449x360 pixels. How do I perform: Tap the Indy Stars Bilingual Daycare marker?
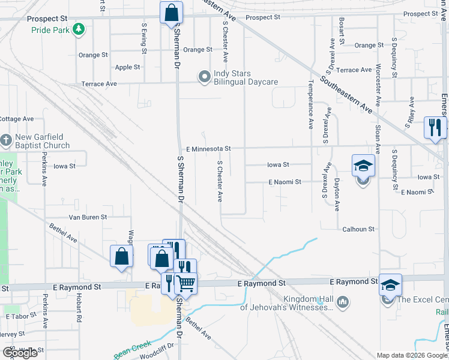click(205, 76)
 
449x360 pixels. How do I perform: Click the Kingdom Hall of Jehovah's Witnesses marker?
click(342, 301)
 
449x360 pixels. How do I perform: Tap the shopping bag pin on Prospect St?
click(171, 12)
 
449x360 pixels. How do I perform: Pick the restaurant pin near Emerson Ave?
click(435, 127)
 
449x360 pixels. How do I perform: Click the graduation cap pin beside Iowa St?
click(363, 166)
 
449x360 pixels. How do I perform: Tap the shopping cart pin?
click(187, 282)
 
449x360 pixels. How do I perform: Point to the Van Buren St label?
click(88, 217)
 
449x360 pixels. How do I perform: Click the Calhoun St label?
click(358, 229)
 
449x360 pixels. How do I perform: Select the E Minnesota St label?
click(208, 148)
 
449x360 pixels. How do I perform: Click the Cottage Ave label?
click(16, 119)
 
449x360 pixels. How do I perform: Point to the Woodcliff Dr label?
click(155, 346)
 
